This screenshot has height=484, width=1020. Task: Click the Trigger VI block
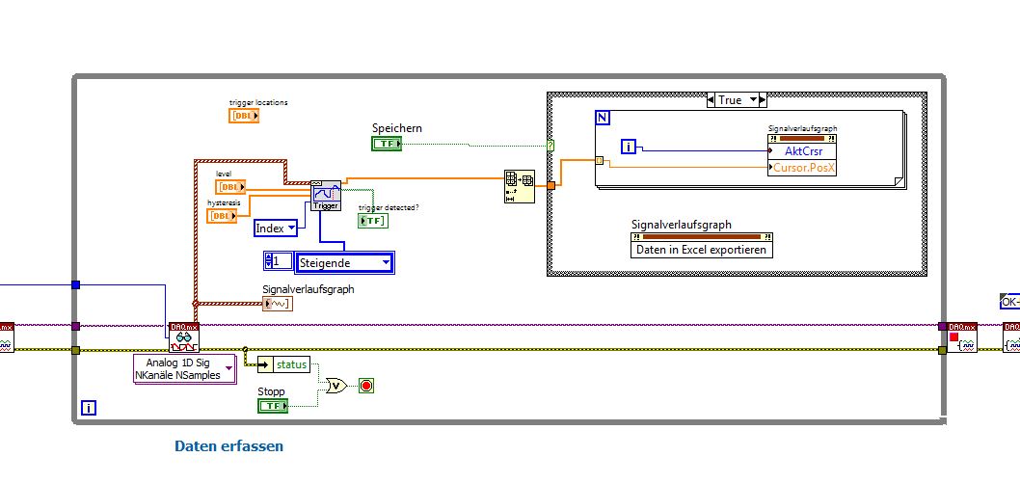pos(326,196)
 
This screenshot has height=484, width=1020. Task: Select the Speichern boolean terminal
pos(387,144)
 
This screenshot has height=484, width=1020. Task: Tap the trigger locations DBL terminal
pos(243,116)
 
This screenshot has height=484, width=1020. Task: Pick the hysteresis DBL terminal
pos(222,216)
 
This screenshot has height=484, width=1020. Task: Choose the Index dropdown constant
pos(276,228)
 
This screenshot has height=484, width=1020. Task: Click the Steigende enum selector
pos(344,262)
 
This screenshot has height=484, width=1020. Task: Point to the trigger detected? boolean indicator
pos(372,221)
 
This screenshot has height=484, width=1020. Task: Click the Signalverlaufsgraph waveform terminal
pos(278,304)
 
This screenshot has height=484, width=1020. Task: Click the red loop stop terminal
pos(366,386)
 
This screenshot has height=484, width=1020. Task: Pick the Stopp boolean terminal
pos(273,406)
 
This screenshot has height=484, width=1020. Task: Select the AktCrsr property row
pos(802,151)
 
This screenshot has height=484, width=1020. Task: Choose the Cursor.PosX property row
pos(804,168)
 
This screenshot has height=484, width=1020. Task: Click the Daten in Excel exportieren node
pos(702,249)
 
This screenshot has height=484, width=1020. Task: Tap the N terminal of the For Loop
pos(603,118)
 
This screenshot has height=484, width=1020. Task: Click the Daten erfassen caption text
pos(228,446)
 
